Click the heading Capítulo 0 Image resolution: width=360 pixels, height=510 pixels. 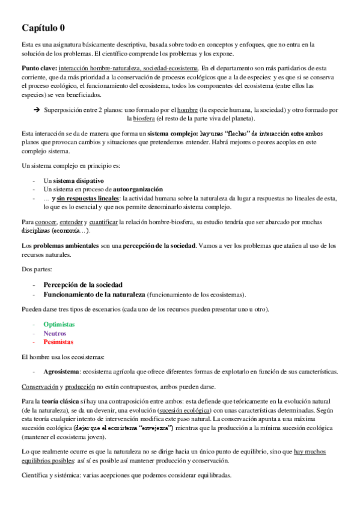click(x=44, y=28)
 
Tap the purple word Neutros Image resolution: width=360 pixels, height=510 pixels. click(x=55, y=333)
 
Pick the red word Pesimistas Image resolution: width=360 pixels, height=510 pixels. click(x=58, y=342)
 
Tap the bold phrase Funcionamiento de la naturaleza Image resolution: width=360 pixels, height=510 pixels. click(x=94, y=294)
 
